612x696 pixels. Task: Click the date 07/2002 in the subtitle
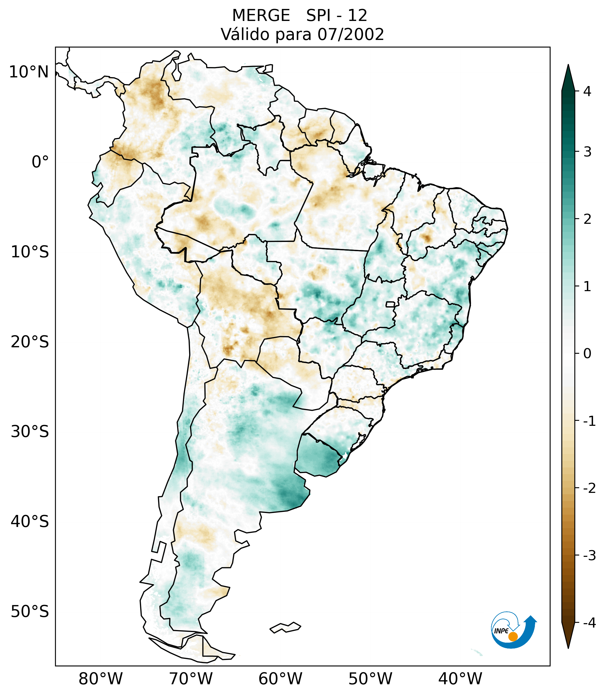[351, 34]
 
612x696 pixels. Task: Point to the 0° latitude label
[40, 162]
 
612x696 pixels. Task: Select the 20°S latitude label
[30, 342]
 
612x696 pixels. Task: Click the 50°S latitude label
[30, 612]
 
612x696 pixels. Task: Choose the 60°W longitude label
[280, 679]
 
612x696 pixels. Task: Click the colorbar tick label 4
[587, 91]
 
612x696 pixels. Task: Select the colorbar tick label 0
[587, 354]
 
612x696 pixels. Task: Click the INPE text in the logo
[501, 631]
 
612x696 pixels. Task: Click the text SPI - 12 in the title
[337, 16]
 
